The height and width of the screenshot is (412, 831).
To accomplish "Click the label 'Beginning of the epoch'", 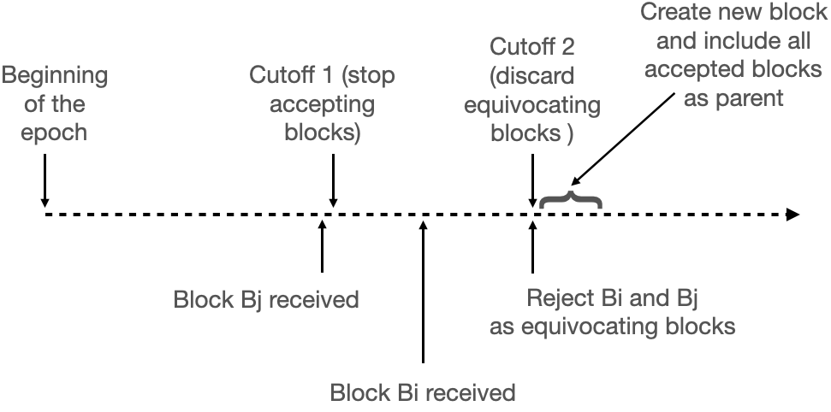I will pos(55,105).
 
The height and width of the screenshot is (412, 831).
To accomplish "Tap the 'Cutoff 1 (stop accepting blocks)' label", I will pos(322,105).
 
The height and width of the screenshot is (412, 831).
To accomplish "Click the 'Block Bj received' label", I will pos(265,301).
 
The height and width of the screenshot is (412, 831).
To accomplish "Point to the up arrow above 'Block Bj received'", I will pos(322,249).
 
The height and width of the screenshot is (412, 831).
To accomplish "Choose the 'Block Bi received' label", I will pos(423,394).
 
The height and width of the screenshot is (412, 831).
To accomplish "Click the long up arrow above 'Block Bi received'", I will pos(423,291).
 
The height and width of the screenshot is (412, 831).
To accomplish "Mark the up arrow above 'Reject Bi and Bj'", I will pos(533,249).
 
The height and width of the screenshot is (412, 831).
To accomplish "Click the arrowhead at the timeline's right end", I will pos(792,214).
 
